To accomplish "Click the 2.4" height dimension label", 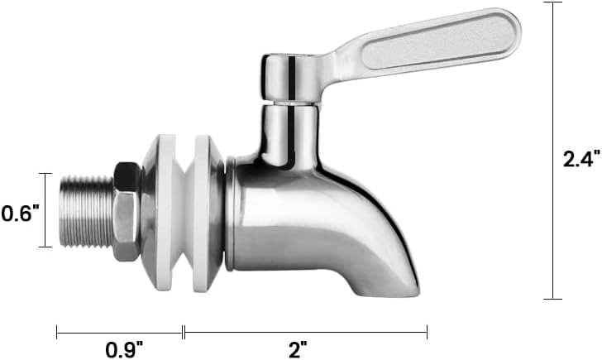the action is point(581,159).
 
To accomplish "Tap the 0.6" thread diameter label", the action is point(20,214).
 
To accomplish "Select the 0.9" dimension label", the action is point(124,349).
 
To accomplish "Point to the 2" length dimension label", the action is point(298,349).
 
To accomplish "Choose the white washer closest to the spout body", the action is point(203,214).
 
